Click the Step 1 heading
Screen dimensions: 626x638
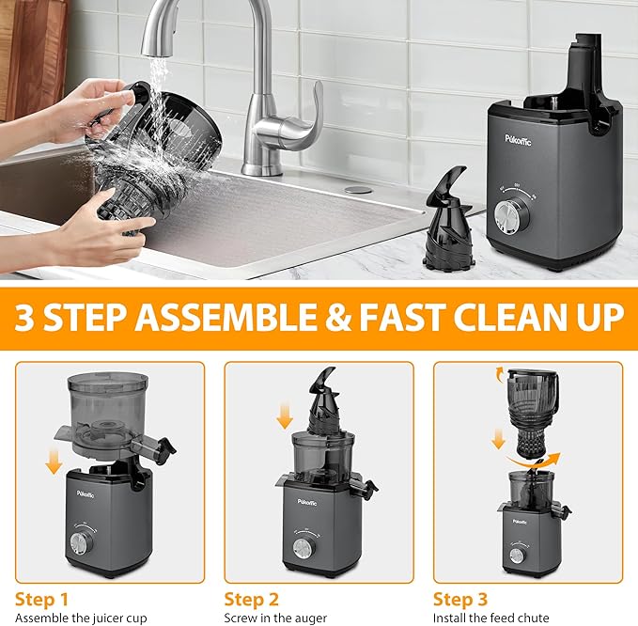pyautogui.click(x=41, y=599)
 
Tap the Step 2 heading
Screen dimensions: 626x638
pyautogui.click(x=251, y=599)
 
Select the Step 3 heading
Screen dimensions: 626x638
pyautogui.click(x=460, y=599)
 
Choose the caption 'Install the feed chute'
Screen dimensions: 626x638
pyautogui.click(x=484, y=618)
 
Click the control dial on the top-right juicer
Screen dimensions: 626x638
pyautogui.click(x=515, y=216)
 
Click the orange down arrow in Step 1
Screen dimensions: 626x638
pyautogui.click(x=54, y=462)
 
